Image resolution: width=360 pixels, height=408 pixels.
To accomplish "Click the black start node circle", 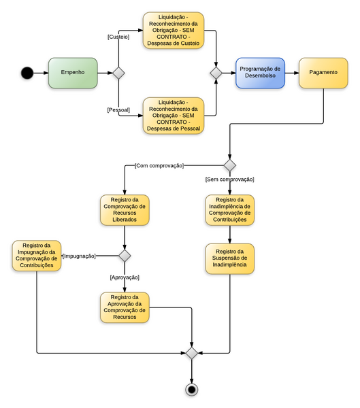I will coord(27,73).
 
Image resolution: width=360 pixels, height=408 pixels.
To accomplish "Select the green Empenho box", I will coord(73,73).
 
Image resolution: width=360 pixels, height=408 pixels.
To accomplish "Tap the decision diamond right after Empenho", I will coord(118,73).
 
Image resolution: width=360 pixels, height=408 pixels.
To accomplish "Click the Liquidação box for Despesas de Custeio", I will coord(174,31).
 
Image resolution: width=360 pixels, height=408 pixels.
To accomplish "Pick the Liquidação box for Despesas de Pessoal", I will coord(174,115).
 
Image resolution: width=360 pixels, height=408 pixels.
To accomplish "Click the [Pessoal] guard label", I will coord(118,109).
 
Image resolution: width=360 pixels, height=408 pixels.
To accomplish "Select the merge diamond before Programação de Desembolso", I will coord(216,73).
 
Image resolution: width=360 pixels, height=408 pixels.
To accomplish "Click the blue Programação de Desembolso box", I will coord(260,73).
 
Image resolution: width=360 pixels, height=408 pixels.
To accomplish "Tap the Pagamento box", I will coord(323,73).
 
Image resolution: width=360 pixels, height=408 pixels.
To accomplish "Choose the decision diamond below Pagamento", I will coord(229,165).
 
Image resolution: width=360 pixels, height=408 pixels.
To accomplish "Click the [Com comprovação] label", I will coord(159,165).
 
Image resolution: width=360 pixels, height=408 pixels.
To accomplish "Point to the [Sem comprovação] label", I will coord(229,179).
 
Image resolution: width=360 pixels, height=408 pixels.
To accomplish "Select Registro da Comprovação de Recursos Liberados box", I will coord(124,210).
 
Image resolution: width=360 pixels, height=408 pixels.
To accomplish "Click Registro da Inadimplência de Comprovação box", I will coord(229,210).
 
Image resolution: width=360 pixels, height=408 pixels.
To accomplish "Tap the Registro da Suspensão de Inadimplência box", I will coord(229,259).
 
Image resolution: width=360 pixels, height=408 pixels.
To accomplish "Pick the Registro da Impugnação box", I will coord(37,256).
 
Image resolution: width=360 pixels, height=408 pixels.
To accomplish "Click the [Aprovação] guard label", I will coord(124,277).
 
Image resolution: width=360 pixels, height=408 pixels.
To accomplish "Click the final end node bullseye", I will coord(191,389).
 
